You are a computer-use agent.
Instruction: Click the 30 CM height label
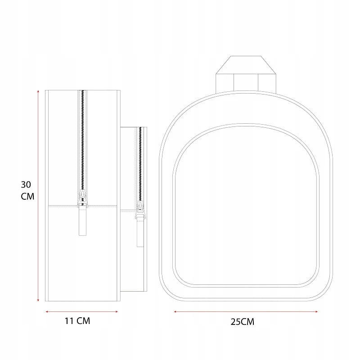(27, 190)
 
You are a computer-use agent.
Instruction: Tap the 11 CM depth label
(77, 321)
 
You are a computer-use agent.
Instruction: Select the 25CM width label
(243, 322)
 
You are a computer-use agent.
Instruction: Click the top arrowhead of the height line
(38, 91)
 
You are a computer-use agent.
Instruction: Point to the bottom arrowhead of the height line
(38, 300)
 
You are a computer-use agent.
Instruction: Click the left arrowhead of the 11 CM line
(47, 311)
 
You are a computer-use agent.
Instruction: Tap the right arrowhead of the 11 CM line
(117, 311)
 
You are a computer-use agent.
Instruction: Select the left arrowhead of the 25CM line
(175, 311)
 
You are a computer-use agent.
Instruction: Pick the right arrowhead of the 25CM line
(317, 311)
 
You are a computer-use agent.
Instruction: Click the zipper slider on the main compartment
(82, 198)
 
